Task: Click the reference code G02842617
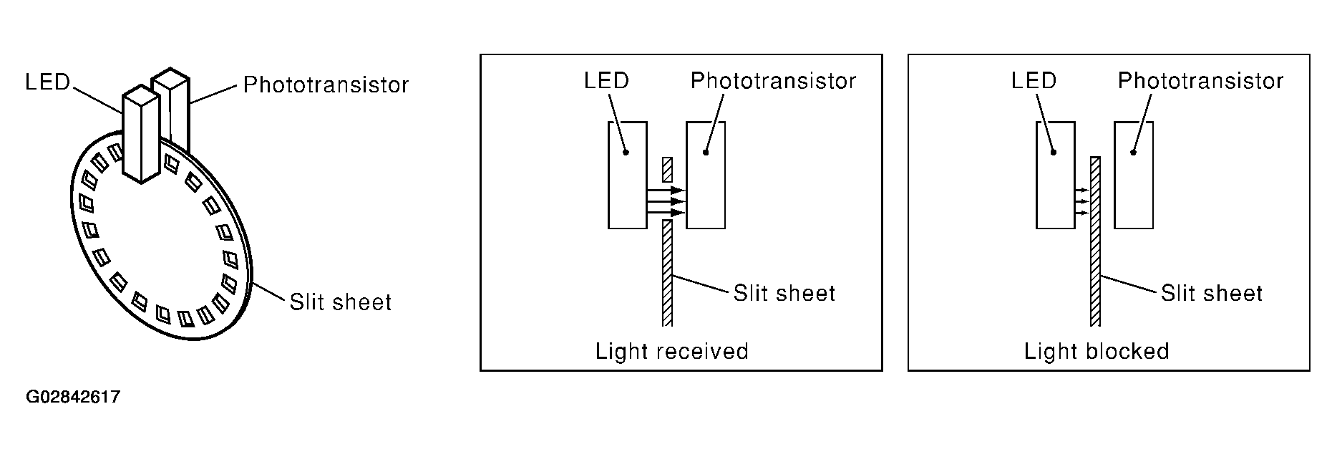pyautogui.click(x=73, y=397)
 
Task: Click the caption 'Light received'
pyautogui.click(x=672, y=351)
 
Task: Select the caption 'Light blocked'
pyautogui.click(x=1097, y=351)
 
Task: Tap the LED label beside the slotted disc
pyautogui.click(x=48, y=82)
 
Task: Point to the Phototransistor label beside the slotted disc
pyautogui.click(x=326, y=85)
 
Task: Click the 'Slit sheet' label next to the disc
pyautogui.click(x=341, y=302)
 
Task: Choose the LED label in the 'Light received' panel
pyautogui.click(x=606, y=80)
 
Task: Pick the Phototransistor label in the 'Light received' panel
pyautogui.click(x=773, y=80)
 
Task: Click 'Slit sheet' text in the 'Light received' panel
pyautogui.click(x=784, y=293)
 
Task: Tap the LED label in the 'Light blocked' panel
pyautogui.click(x=1034, y=80)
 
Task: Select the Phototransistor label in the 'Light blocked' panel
pyautogui.click(x=1200, y=80)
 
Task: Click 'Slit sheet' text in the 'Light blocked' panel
pyautogui.click(x=1212, y=293)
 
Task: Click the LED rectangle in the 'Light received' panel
pyautogui.click(x=628, y=175)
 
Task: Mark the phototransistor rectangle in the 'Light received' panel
pyautogui.click(x=706, y=175)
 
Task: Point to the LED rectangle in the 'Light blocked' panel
pyautogui.click(x=1056, y=175)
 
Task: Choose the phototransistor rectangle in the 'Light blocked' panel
pyautogui.click(x=1134, y=175)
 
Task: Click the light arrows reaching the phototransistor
pyautogui.click(x=666, y=202)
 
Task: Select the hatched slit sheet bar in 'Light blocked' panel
pyautogui.click(x=1094, y=241)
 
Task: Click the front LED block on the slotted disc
pyautogui.click(x=141, y=133)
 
